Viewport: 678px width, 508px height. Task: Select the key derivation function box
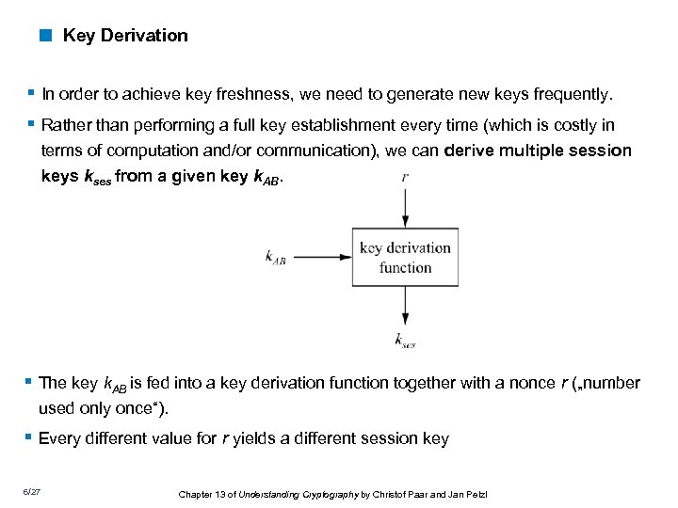(x=405, y=257)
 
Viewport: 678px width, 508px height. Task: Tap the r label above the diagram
(x=405, y=177)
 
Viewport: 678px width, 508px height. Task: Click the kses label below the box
(x=406, y=340)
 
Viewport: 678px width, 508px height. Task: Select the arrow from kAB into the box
(x=320, y=255)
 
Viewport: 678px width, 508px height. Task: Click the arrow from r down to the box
(x=405, y=207)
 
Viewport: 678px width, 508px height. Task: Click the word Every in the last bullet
(x=59, y=438)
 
